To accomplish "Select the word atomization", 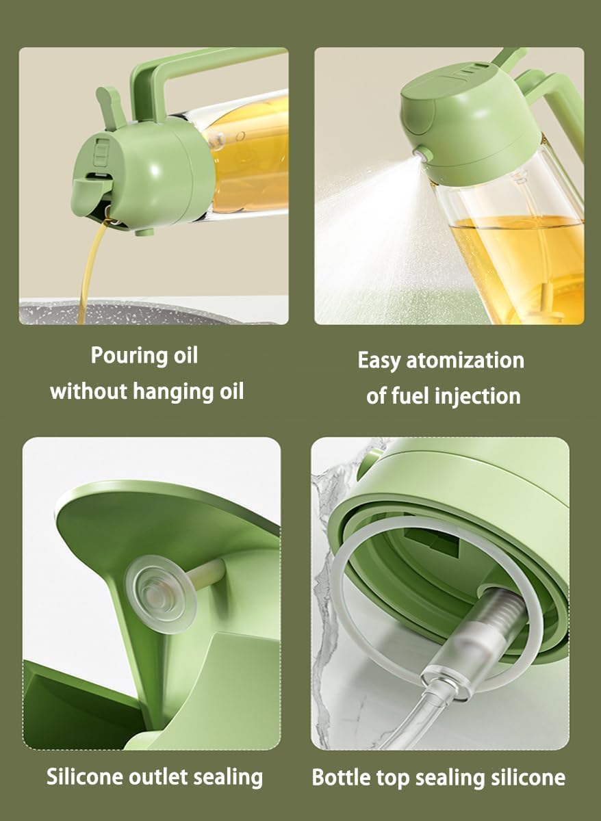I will click(465, 361).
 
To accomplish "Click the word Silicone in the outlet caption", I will click(86, 777).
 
